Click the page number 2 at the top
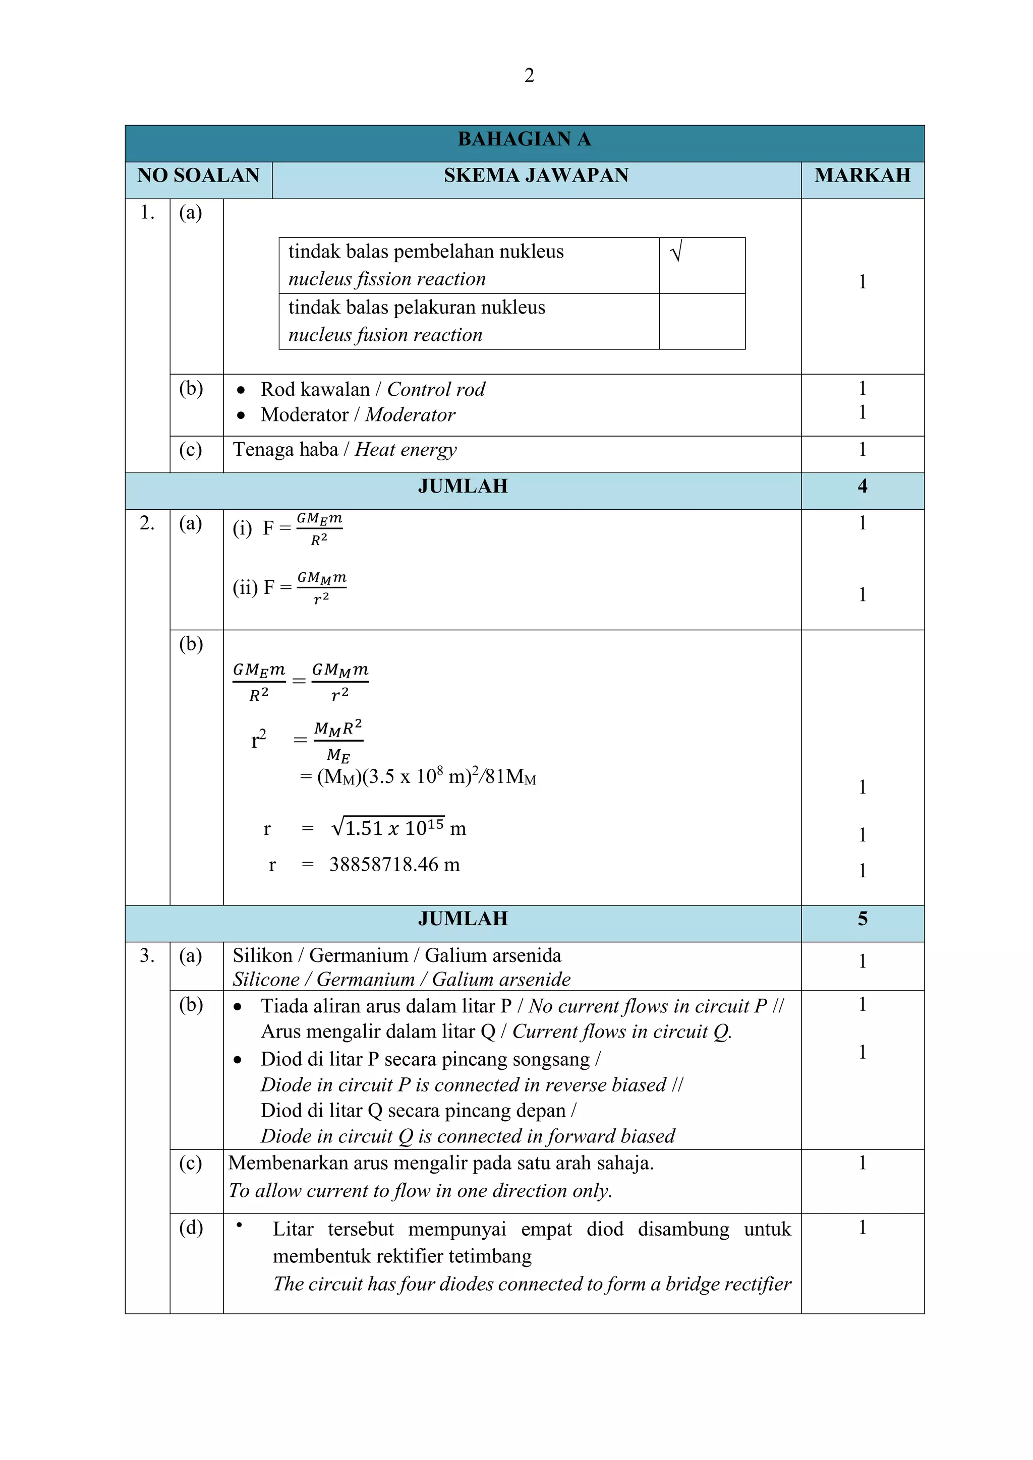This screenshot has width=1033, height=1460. tap(529, 76)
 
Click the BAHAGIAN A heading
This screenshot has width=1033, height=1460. tap(524, 139)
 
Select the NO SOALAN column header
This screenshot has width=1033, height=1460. tap(198, 175)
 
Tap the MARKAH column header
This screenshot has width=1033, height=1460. tap(862, 175)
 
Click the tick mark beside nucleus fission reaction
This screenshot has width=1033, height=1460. tap(676, 253)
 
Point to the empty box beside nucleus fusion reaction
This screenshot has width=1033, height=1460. tap(702, 321)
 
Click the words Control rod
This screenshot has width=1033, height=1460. tap(436, 389)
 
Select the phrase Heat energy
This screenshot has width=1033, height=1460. tap(406, 450)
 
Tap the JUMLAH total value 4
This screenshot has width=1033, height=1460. tap(862, 486)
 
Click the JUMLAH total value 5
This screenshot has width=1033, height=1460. tap(862, 919)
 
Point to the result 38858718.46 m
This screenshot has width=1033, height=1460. tap(394, 865)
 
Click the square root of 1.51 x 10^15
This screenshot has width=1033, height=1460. tap(388, 828)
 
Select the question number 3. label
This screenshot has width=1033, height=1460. tap(147, 956)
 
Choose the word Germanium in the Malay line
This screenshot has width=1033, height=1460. tap(359, 956)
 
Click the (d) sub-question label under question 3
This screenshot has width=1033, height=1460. tap(191, 1227)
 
